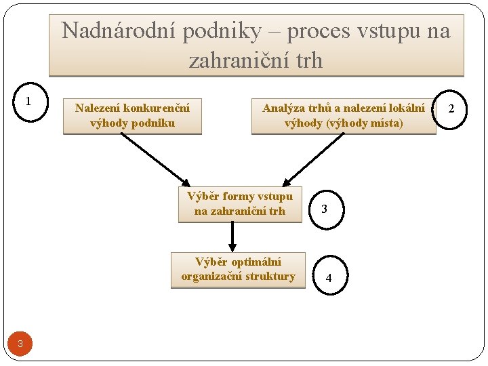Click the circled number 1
pos(28,102)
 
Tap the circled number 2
pos(450,109)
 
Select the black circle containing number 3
pos(325,209)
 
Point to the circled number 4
pos(329,278)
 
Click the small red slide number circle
pos(20,344)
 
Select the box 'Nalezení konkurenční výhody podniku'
pos(132,115)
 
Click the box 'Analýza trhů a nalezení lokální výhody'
pos(344,115)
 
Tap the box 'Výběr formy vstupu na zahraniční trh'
pos(240,204)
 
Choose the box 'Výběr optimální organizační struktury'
pos(238,269)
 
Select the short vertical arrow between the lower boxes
pos(232,237)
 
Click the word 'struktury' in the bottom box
pos(270,277)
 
